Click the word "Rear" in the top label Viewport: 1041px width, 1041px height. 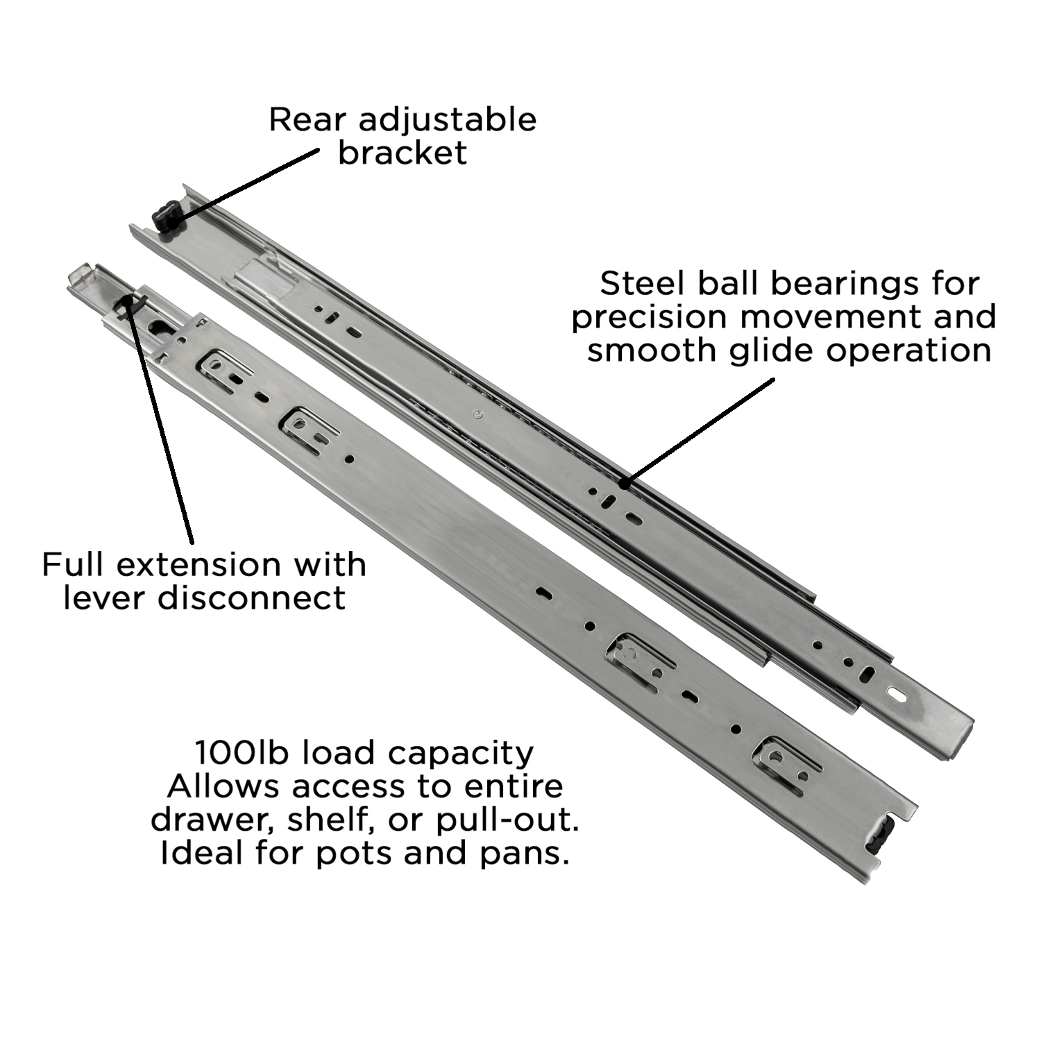[x=306, y=119]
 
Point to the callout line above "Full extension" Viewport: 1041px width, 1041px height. [x=159, y=419]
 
